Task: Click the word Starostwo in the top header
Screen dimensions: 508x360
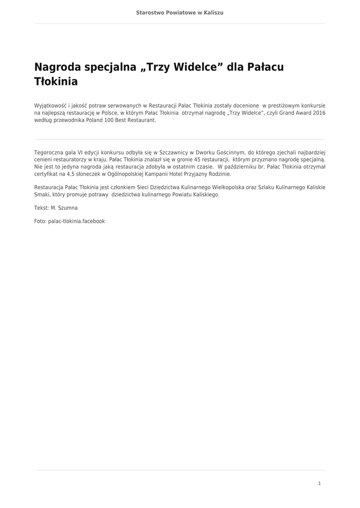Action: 150,12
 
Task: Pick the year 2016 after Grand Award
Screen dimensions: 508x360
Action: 319,113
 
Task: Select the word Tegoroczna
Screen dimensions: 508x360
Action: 49,152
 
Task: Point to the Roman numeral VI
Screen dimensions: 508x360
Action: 80,152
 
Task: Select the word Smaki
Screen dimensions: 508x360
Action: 42,195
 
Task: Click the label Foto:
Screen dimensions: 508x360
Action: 40,221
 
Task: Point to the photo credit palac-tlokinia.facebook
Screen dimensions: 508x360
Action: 76,221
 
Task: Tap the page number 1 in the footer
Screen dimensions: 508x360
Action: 319,483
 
